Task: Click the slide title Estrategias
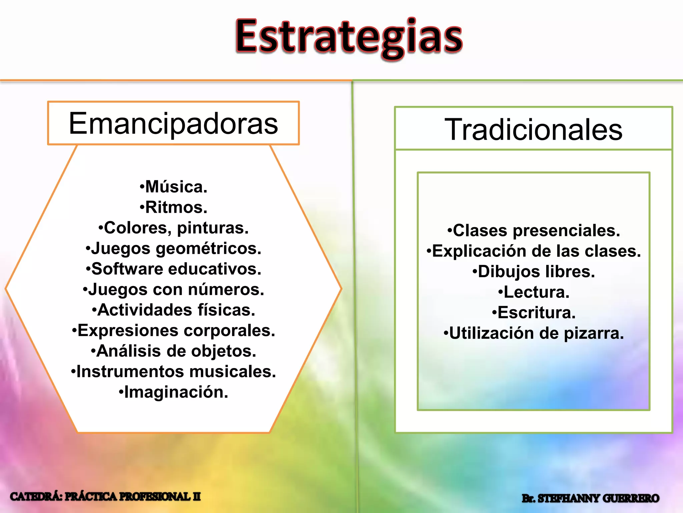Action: [x=349, y=37]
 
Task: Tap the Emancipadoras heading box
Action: [x=173, y=123]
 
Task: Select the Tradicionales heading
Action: [x=533, y=129]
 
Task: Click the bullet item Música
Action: [x=173, y=187]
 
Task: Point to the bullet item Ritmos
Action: [x=173, y=207]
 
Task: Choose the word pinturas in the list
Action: [x=213, y=228]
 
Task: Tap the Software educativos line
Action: [x=173, y=269]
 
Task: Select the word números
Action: [x=226, y=290]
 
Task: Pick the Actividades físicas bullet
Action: [x=173, y=310]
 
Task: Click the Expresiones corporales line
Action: [x=173, y=331]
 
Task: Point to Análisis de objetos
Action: [x=173, y=351]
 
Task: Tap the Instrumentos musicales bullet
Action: [x=173, y=372]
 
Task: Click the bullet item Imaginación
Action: [x=173, y=392]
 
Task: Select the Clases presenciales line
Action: [x=534, y=231]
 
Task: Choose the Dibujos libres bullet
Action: [x=534, y=272]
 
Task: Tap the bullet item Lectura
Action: [x=534, y=292]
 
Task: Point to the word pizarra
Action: [x=594, y=334]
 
